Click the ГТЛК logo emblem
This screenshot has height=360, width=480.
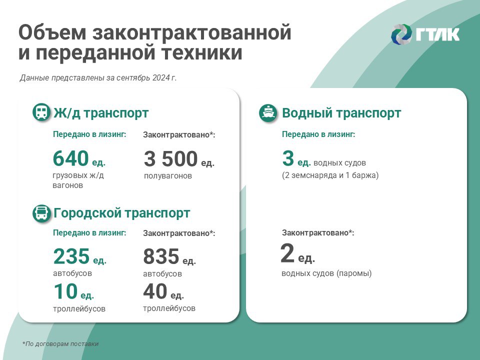pos(401,34)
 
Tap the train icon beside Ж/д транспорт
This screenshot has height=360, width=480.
pos(41,112)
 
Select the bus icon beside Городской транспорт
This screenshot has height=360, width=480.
pos(41,213)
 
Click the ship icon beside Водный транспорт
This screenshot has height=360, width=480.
pos(268,112)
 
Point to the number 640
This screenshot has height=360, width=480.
pos(70,158)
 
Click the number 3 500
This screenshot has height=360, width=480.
pos(170,159)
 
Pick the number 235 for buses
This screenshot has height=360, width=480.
pos(71,256)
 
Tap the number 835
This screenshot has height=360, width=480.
pos(161,256)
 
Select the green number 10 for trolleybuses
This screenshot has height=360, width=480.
pos(65,291)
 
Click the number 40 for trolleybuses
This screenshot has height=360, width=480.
pos(155,291)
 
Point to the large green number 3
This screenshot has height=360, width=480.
pos(288,158)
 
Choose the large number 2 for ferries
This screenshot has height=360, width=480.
pos(287,253)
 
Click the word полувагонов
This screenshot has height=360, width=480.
pos(168,175)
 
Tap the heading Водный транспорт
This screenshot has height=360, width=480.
pos(341,113)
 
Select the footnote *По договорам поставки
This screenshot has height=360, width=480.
pos(60,344)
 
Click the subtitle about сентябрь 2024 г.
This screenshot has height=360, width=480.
pos(98,78)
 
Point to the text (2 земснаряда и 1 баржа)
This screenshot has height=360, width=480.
pos(330,175)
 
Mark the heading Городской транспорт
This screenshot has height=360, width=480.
pos(122,213)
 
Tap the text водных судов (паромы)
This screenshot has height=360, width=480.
pos(326,273)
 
